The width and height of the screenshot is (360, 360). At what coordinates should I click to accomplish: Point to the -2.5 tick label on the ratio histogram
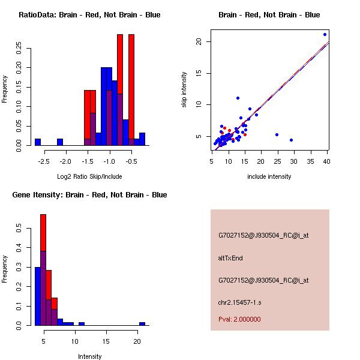(x=44, y=161)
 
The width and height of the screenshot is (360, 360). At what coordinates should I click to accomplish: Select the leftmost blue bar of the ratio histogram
(x=38, y=142)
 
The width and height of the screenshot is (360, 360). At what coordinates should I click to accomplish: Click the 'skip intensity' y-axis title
(x=185, y=91)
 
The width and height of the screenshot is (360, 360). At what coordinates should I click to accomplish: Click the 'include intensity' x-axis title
(x=269, y=176)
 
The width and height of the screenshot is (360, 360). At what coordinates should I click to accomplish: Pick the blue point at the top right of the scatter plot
(x=325, y=34)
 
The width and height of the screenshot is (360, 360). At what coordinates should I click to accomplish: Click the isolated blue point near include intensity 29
(x=291, y=140)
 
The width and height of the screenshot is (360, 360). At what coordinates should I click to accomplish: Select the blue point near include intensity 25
(x=277, y=135)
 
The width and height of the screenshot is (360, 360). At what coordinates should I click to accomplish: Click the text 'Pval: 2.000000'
(x=239, y=319)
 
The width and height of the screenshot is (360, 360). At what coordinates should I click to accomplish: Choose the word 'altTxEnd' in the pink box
(x=230, y=258)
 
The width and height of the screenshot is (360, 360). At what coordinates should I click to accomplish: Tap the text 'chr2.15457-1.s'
(x=236, y=302)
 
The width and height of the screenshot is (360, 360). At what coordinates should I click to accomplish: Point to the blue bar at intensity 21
(x=142, y=323)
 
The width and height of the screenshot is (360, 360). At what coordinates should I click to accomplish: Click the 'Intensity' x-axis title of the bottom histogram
(x=89, y=356)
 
